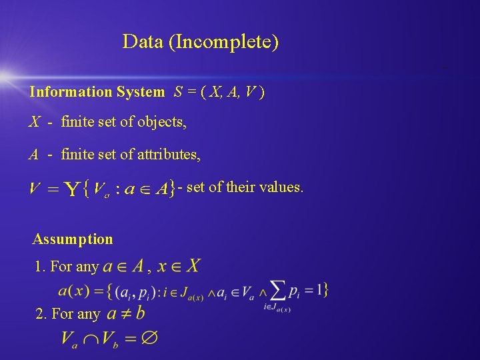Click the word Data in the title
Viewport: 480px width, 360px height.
click(x=143, y=42)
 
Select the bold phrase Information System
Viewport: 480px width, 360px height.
click(x=97, y=92)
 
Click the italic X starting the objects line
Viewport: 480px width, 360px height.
click(x=34, y=122)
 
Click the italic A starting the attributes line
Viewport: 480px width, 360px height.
click(x=33, y=155)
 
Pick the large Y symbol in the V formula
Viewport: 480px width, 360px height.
click(x=71, y=190)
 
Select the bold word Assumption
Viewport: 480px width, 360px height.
click(x=73, y=239)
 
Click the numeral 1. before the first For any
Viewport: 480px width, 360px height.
click(x=40, y=267)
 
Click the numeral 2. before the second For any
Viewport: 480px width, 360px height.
click(x=41, y=314)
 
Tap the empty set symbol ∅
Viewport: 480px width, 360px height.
click(x=149, y=338)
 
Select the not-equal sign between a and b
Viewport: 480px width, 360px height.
click(x=122, y=313)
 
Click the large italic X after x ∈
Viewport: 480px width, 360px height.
click(x=192, y=267)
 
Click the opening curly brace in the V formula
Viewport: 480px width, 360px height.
click(x=85, y=189)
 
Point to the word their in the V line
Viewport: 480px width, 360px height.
click(x=240, y=187)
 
